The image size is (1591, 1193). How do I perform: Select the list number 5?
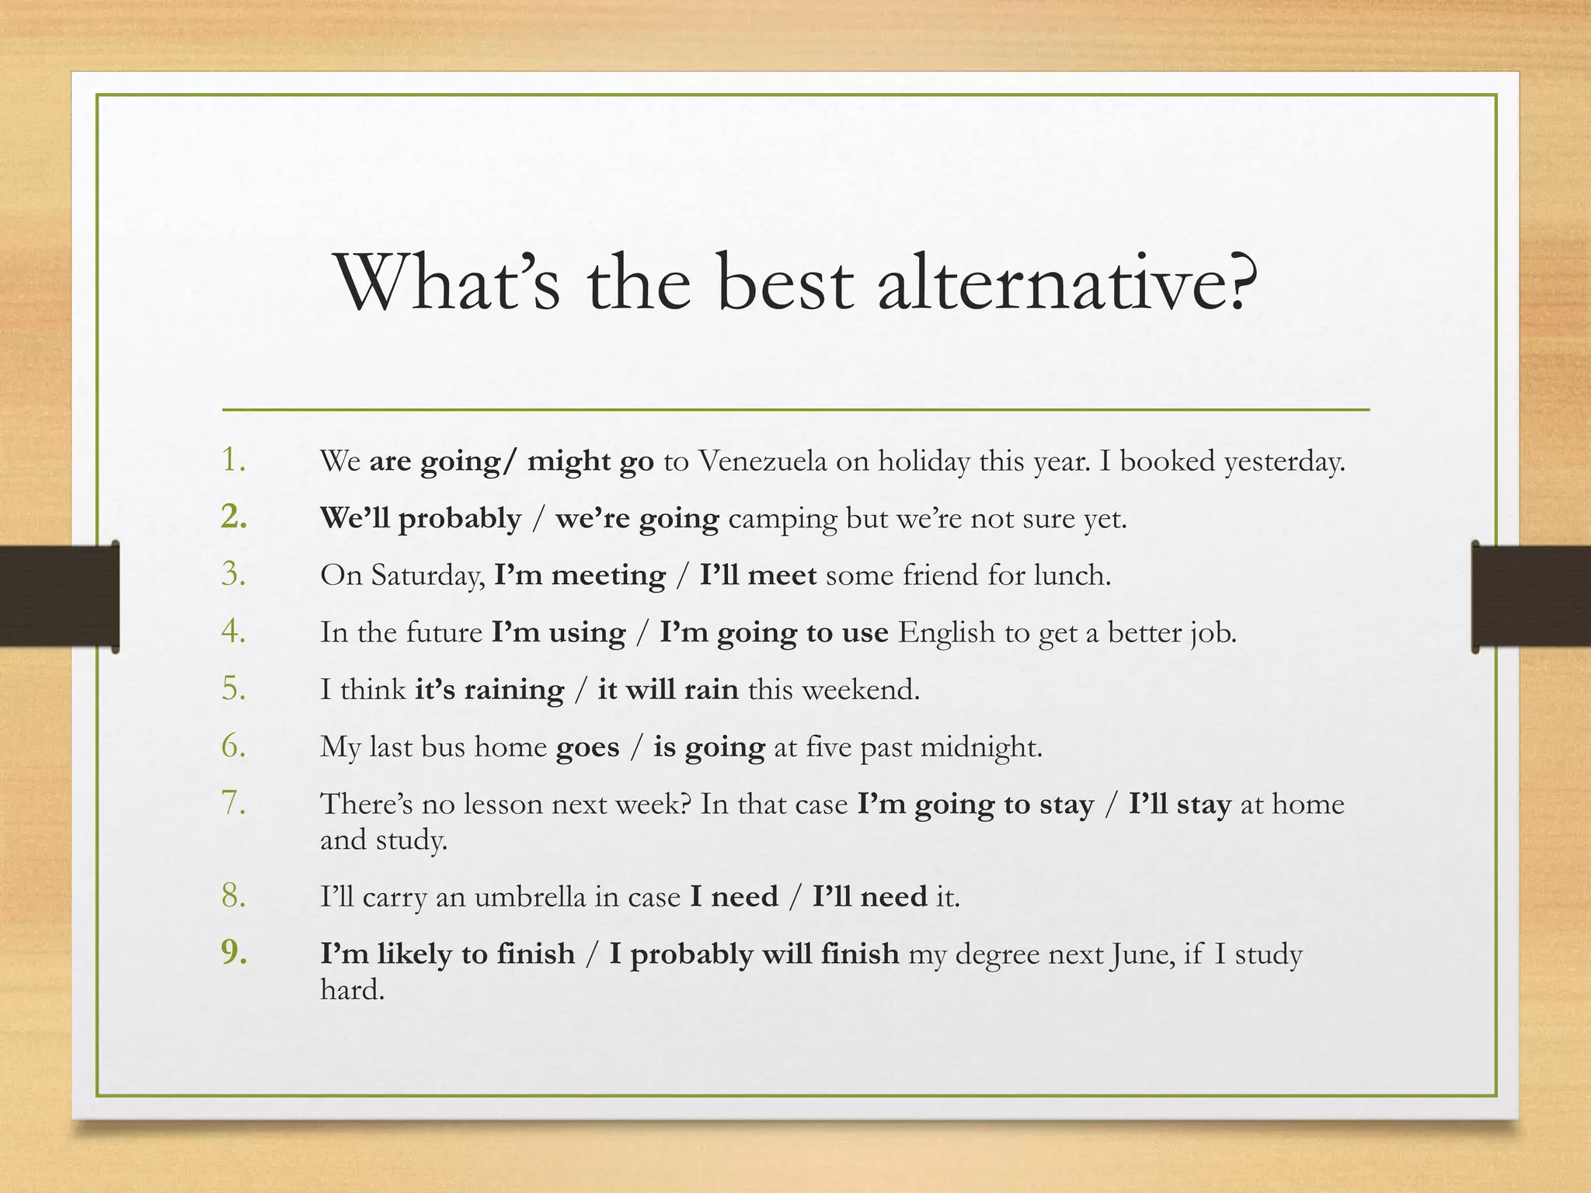pyautogui.click(x=233, y=688)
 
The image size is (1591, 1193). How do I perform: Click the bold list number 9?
pyautogui.click(x=233, y=952)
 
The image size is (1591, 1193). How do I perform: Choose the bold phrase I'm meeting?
pyautogui.click(x=580, y=576)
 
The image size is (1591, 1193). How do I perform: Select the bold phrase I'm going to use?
pyautogui.click(x=774, y=633)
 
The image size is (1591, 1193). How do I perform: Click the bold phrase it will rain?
pyautogui.click(x=667, y=690)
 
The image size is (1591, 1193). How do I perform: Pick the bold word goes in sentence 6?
pyautogui.click(x=587, y=747)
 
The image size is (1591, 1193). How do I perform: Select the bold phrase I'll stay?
pyautogui.click(x=1179, y=804)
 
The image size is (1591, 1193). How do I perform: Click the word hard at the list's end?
pyautogui.click(x=352, y=990)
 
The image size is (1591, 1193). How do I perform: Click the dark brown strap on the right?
pyautogui.click(x=1531, y=596)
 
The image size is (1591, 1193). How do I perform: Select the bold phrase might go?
pyautogui.click(x=590, y=461)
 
